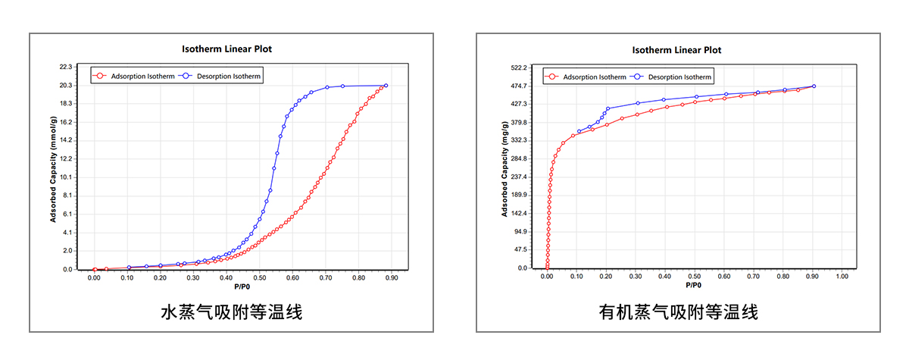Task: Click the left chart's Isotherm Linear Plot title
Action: pyautogui.click(x=226, y=49)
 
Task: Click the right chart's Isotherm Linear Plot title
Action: pyautogui.click(x=676, y=50)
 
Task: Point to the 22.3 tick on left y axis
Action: pyautogui.click(x=65, y=67)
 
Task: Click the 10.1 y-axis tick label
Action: pyautogui.click(x=65, y=177)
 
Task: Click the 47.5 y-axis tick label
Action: pyautogui.click(x=520, y=250)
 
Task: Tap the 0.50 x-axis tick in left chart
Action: pyautogui.click(x=259, y=278)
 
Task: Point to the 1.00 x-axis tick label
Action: pyautogui.click(x=842, y=277)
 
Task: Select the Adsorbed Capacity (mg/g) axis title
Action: pyautogui.click(x=504, y=168)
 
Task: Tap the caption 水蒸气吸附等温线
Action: pyautogui.click(x=231, y=311)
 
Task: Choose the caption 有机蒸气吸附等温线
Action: pyautogui.click(x=678, y=311)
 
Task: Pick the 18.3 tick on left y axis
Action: pyautogui.click(x=65, y=104)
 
